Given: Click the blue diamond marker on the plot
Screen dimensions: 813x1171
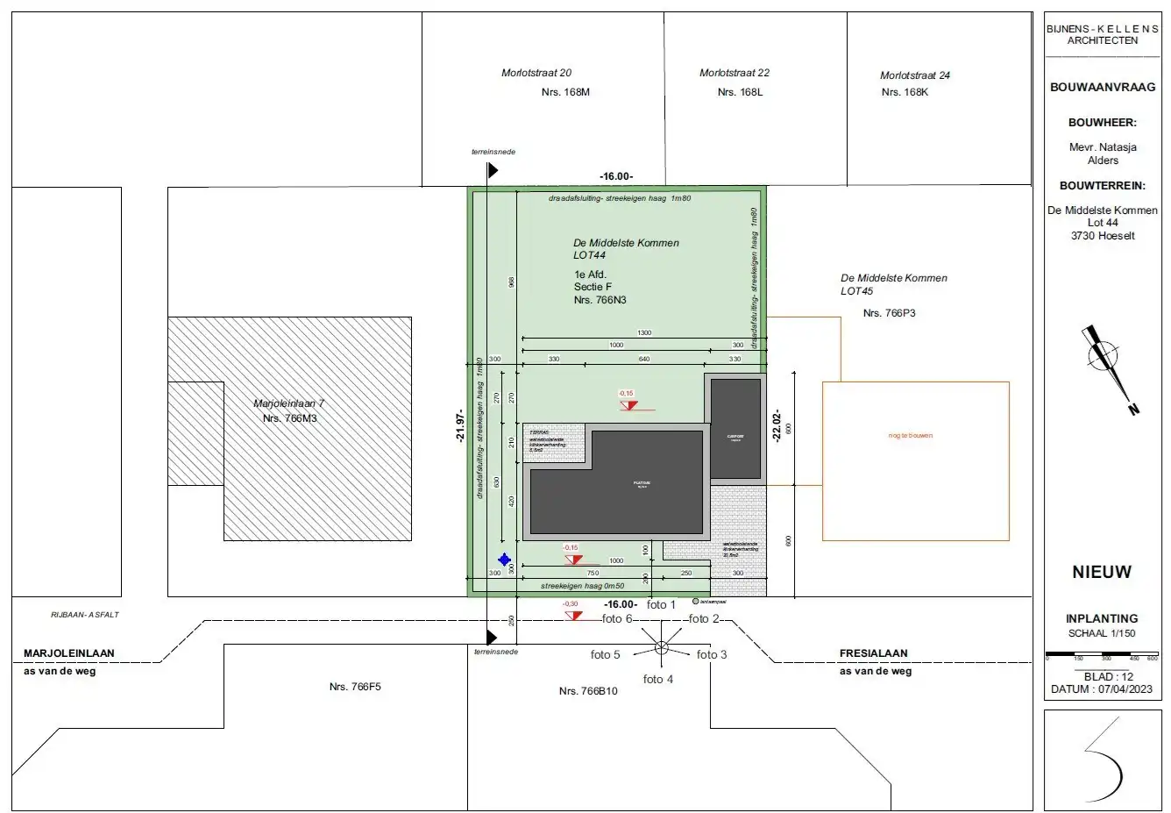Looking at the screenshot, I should [504, 559].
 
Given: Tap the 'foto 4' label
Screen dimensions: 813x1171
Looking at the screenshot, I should [658, 680].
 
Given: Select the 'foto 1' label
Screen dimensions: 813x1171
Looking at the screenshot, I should [661, 604].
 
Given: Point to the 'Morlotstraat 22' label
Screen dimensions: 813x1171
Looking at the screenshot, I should [735, 73].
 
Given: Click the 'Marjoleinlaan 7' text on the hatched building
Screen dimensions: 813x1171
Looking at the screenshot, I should [288, 403].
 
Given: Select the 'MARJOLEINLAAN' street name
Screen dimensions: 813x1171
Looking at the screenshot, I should [69, 653].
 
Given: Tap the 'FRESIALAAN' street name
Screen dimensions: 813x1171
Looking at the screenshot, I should [873, 653].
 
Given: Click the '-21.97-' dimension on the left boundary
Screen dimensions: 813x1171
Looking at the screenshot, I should [459, 426].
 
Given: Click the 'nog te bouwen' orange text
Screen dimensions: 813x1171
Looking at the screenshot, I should [911, 436].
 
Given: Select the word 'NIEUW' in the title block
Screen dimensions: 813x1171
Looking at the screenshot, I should [1102, 572].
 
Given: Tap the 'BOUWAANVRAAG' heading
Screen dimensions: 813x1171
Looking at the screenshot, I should [1102, 88].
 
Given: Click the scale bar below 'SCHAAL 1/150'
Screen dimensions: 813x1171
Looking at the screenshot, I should [1102, 654].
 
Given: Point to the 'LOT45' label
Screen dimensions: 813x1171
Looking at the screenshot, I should [856, 291].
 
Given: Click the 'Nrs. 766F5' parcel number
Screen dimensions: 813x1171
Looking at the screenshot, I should [355, 687].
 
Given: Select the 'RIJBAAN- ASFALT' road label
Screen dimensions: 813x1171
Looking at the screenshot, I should [84, 615].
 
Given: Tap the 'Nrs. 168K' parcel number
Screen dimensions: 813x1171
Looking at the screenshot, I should [905, 92].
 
